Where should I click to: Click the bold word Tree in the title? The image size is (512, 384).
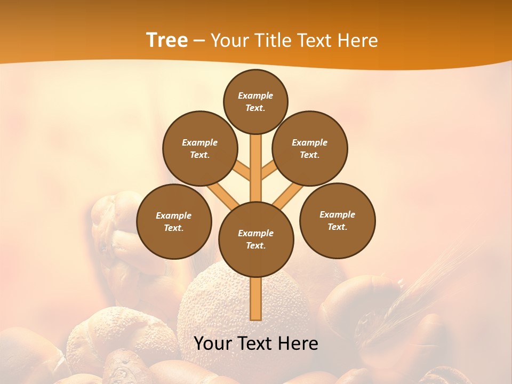pos(167,40)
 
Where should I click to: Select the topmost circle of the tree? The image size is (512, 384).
pos(255,101)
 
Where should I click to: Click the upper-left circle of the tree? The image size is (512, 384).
pos(199,148)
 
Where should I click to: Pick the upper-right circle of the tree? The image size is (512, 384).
pos(310,148)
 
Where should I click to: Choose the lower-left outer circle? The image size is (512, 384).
pos(174,221)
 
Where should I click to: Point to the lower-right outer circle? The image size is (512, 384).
pos(337,220)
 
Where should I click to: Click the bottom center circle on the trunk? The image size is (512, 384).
pos(256,239)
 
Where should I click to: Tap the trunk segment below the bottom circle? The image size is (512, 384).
pos(256,299)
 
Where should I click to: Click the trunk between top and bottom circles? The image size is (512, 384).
pos(256,168)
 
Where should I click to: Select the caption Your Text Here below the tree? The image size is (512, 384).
pos(256,343)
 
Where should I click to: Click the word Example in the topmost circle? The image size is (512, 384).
pos(255,95)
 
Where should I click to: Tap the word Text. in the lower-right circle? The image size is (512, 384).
pos(337,227)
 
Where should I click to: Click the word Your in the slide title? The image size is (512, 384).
pos(230,41)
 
